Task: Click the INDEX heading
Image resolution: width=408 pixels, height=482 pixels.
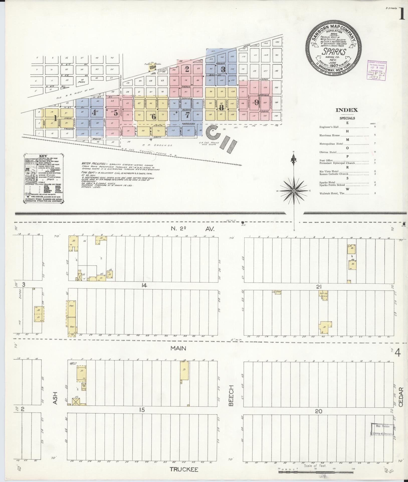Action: coord(347,110)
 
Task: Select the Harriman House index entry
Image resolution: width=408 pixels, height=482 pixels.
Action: coord(330,135)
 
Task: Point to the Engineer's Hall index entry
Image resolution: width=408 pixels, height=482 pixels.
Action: coord(329,127)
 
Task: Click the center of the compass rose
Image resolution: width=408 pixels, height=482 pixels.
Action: coord(293,191)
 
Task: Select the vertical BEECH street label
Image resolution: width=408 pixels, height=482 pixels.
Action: coord(231,399)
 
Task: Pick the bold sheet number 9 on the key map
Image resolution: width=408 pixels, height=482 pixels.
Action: coord(257,102)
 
